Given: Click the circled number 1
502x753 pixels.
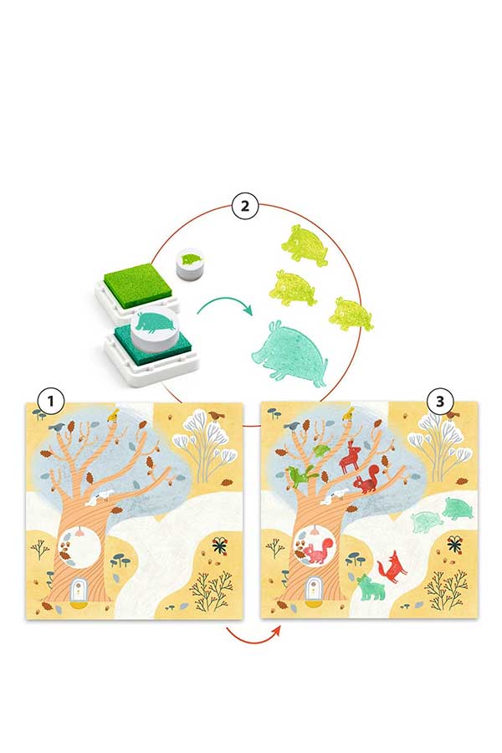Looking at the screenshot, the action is (50, 401).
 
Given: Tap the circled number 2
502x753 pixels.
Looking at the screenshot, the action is (245, 207).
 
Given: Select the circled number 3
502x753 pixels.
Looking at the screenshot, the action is (440, 401).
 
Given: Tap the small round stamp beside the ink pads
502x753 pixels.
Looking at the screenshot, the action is (191, 264).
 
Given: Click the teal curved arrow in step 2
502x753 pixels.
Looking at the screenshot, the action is (225, 306).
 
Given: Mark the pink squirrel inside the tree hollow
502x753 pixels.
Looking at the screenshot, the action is (315, 552).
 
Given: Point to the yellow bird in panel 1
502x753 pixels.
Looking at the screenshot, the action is (114, 414).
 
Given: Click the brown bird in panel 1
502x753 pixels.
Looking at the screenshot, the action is (216, 414).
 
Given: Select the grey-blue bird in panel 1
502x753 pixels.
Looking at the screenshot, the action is (58, 426).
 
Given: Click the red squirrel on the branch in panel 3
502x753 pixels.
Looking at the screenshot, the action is (367, 480).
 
